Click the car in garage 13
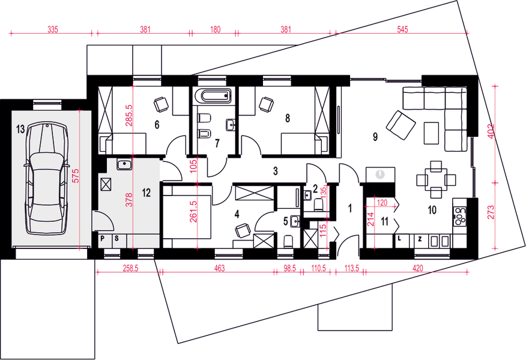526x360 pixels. (46, 178)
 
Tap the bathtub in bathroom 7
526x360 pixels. (213, 95)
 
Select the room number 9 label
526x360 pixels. (375, 136)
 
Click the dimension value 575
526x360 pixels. (76, 175)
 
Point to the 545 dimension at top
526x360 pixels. (402, 29)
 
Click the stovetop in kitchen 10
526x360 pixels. (459, 215)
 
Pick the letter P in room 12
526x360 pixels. (103, 238)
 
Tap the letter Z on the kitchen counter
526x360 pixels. (420, 239)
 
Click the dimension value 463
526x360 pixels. (219, 268)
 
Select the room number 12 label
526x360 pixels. (147, 193)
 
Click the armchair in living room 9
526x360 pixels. (401, 125)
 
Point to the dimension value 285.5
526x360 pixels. (129, 115)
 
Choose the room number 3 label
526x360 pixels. (276, 171)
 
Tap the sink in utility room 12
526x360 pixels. (124, 164)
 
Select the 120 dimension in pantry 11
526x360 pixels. (382, 202)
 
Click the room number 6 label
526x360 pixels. (157, 125)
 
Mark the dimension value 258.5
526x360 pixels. (130, 268)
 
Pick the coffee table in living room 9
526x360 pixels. (431, 133)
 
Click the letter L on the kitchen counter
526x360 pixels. (399, 239)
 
